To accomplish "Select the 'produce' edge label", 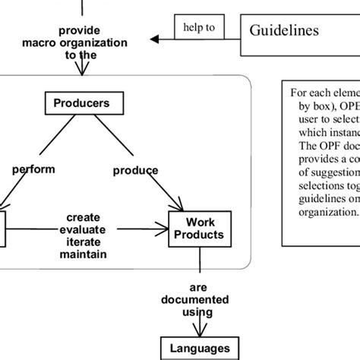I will pos(135,171).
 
